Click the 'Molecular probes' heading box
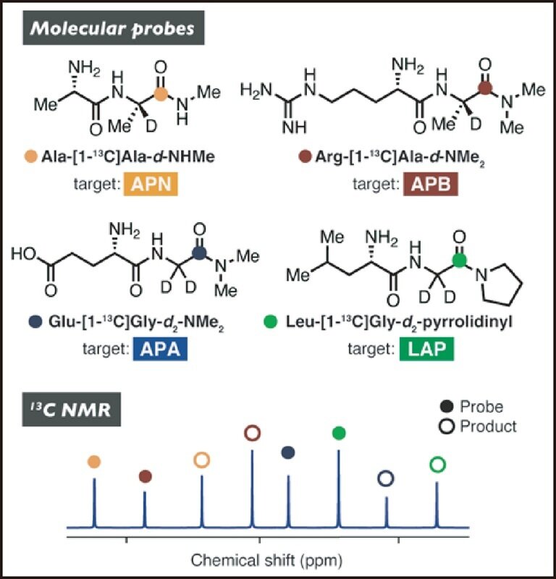click(114, 28)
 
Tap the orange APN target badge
click(151, 184)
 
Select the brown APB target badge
click(430, 184)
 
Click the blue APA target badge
click(160, 349)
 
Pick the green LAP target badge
click(426, 349)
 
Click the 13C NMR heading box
click(71, 410)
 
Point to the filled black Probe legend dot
click(447, 407)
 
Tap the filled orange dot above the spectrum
click(94, 462)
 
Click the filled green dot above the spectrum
click(339, 433)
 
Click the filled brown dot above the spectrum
click(146, 476)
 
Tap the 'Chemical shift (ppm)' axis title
click(266, 560)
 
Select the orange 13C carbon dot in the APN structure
click(160, 95)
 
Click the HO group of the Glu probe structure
click(24, 254)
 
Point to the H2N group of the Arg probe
click(256, 89)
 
